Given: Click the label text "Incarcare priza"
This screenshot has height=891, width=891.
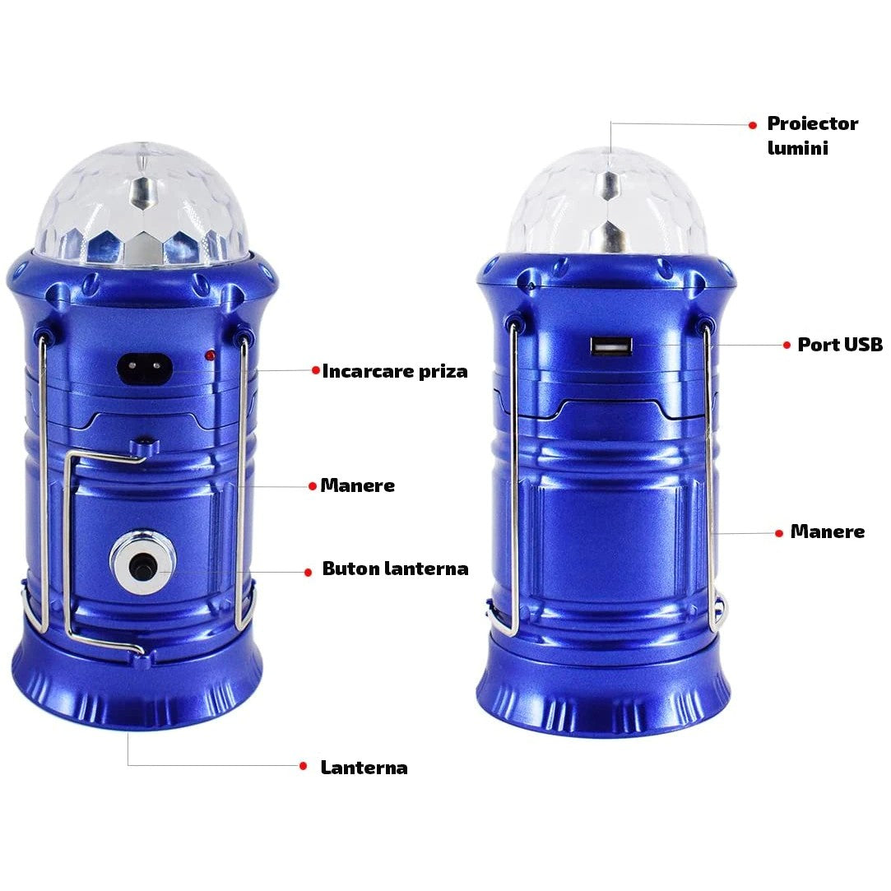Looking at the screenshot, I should [x=394, y=371].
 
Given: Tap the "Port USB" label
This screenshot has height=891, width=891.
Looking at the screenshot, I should [x=839, y=345].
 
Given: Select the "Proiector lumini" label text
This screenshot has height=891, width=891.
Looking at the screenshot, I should [x=811, y=135].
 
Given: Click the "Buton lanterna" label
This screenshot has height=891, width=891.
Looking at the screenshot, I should [x=395, y=568].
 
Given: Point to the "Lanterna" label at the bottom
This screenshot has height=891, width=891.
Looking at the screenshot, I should [x=364, y=768].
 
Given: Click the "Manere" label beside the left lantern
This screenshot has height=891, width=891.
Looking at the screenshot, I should [x=357, y=485].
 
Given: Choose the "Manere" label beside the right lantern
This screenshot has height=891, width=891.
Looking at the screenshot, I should [x=827, y=531].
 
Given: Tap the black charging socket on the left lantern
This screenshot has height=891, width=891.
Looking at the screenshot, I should [x=148, y=369].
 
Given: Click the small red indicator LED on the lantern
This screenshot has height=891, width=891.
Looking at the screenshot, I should [x=211, y=355].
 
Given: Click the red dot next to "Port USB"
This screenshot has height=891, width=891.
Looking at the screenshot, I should [x=787, y=346].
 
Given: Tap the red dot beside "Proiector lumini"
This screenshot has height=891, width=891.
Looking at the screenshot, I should [x=752, y=125].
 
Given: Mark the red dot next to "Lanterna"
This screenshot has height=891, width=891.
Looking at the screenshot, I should [x=303, y=766].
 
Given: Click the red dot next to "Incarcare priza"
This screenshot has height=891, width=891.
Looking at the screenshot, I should [x=315, y=370].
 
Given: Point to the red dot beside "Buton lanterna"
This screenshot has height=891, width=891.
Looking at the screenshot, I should [x=308, y=571].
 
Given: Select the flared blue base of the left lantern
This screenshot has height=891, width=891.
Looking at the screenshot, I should [x=137, y=683].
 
